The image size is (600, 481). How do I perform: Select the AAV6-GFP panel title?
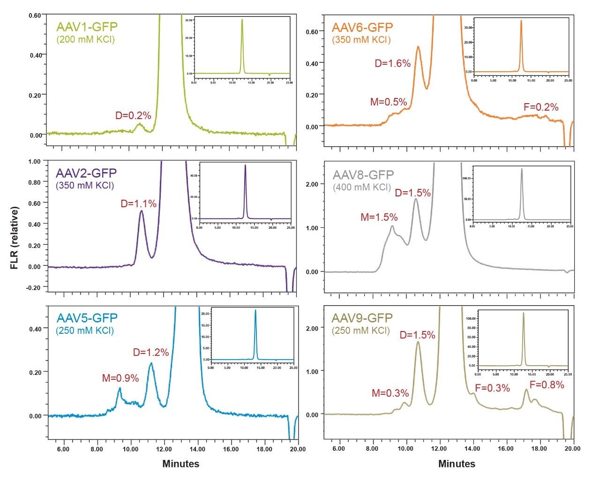coord(362,28)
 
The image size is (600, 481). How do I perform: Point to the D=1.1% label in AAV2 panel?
coord(139,203)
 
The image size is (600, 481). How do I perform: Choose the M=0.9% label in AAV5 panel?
coord(120,378)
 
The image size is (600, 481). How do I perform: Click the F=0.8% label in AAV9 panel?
coord(547,385)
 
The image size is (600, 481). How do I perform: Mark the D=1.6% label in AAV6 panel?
coord(393,63)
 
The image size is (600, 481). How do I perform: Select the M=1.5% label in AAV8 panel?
coord(379,217)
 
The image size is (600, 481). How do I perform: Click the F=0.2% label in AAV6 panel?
coord(541,107)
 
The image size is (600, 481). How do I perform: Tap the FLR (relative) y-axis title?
coord(15,239)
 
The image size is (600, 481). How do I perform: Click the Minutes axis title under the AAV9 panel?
coord(457,464)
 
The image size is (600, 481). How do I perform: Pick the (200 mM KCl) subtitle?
coord(85,39)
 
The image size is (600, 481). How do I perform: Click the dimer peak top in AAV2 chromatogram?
coord(142,211)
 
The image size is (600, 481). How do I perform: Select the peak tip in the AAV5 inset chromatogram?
coord(255,310)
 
